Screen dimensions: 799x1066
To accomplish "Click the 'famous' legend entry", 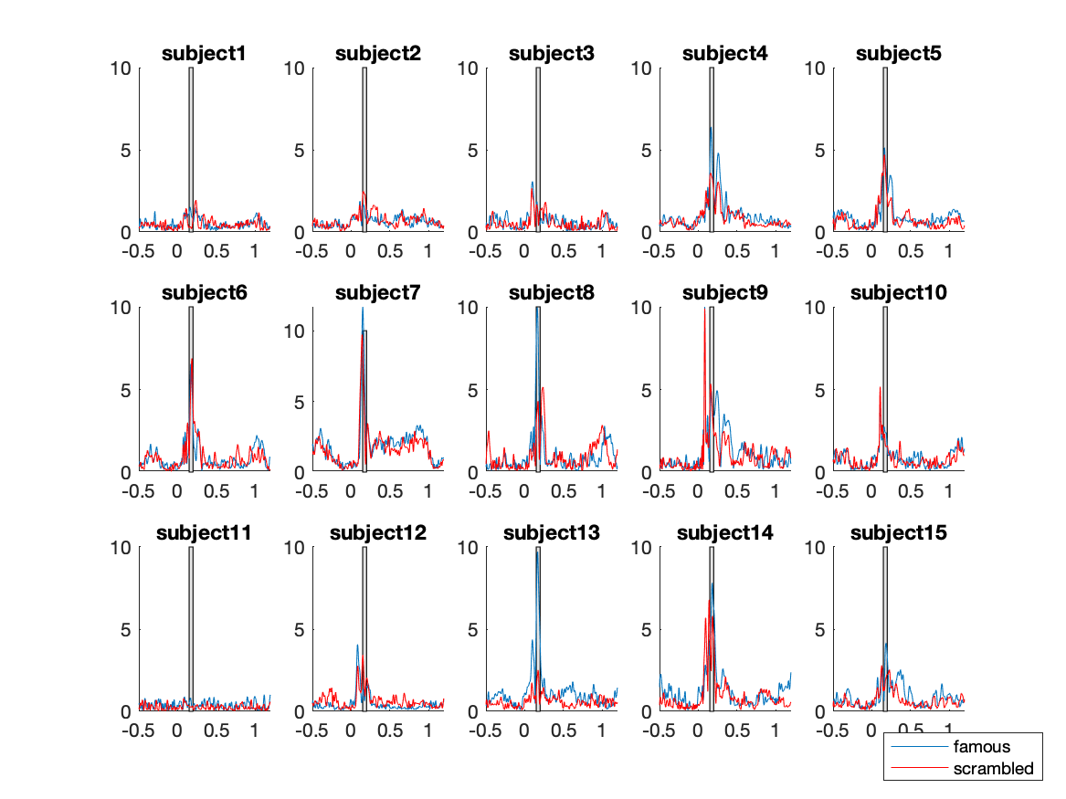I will click(x=982, y=747).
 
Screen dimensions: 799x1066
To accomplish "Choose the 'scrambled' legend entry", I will click(x=993, y=769).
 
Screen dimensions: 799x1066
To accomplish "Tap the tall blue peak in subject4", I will click(x=711, y=129).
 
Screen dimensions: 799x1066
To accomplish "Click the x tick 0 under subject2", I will click(x=350, y=251).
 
